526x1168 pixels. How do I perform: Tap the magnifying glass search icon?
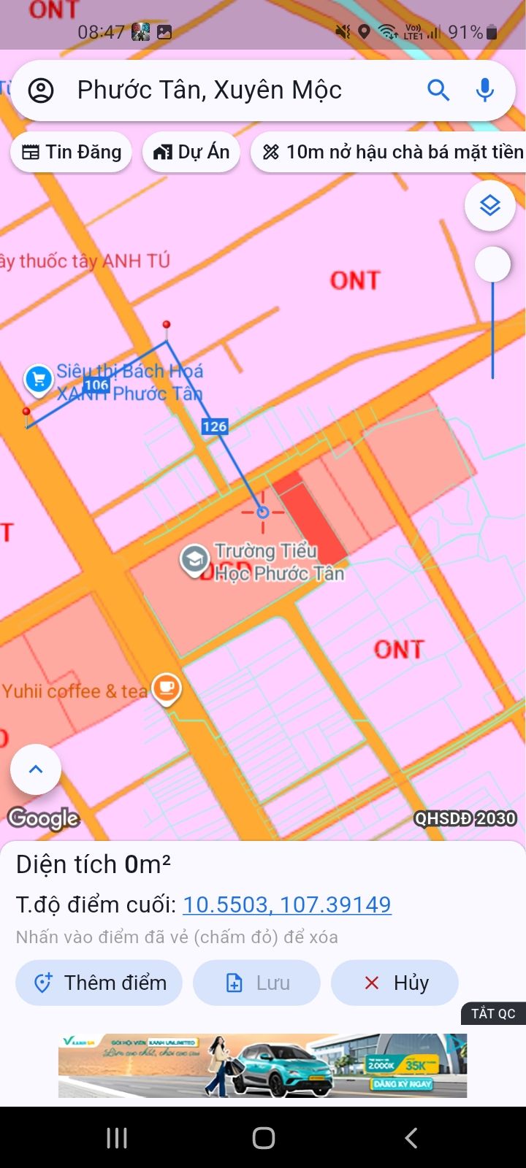[x=438, y=91]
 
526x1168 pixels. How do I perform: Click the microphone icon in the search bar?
[x=484, y=91]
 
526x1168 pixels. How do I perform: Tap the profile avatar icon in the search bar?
[x=41, y=91]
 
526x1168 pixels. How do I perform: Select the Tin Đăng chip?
[x=72, y=152]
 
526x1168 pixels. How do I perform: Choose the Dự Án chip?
[x=191, y=152]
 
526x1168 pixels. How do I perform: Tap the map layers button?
[x=489, y=206]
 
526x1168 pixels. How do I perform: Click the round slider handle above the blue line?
[x=493, y=264]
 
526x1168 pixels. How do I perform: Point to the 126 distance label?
[x=215, y=427]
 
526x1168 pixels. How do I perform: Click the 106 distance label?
[x=96, y=385]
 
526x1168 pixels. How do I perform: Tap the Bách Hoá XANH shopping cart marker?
[x=39, y=379]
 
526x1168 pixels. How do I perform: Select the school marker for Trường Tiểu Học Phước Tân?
[x=194, y=560]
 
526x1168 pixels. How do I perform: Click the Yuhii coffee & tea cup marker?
[x=167, y=688]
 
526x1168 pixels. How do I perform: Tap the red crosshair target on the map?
[x=263, y=512]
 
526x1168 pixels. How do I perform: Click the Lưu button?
[x=256, y=983]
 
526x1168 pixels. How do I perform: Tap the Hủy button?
[x=394, y=983]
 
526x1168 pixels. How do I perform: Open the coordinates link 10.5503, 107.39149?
[x=286, y=904]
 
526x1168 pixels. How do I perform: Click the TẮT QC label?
[x=493, y=1013]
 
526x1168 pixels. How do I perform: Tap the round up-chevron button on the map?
[x=36, y=769]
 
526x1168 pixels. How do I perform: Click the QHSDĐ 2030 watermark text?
[x=465, y=818]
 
